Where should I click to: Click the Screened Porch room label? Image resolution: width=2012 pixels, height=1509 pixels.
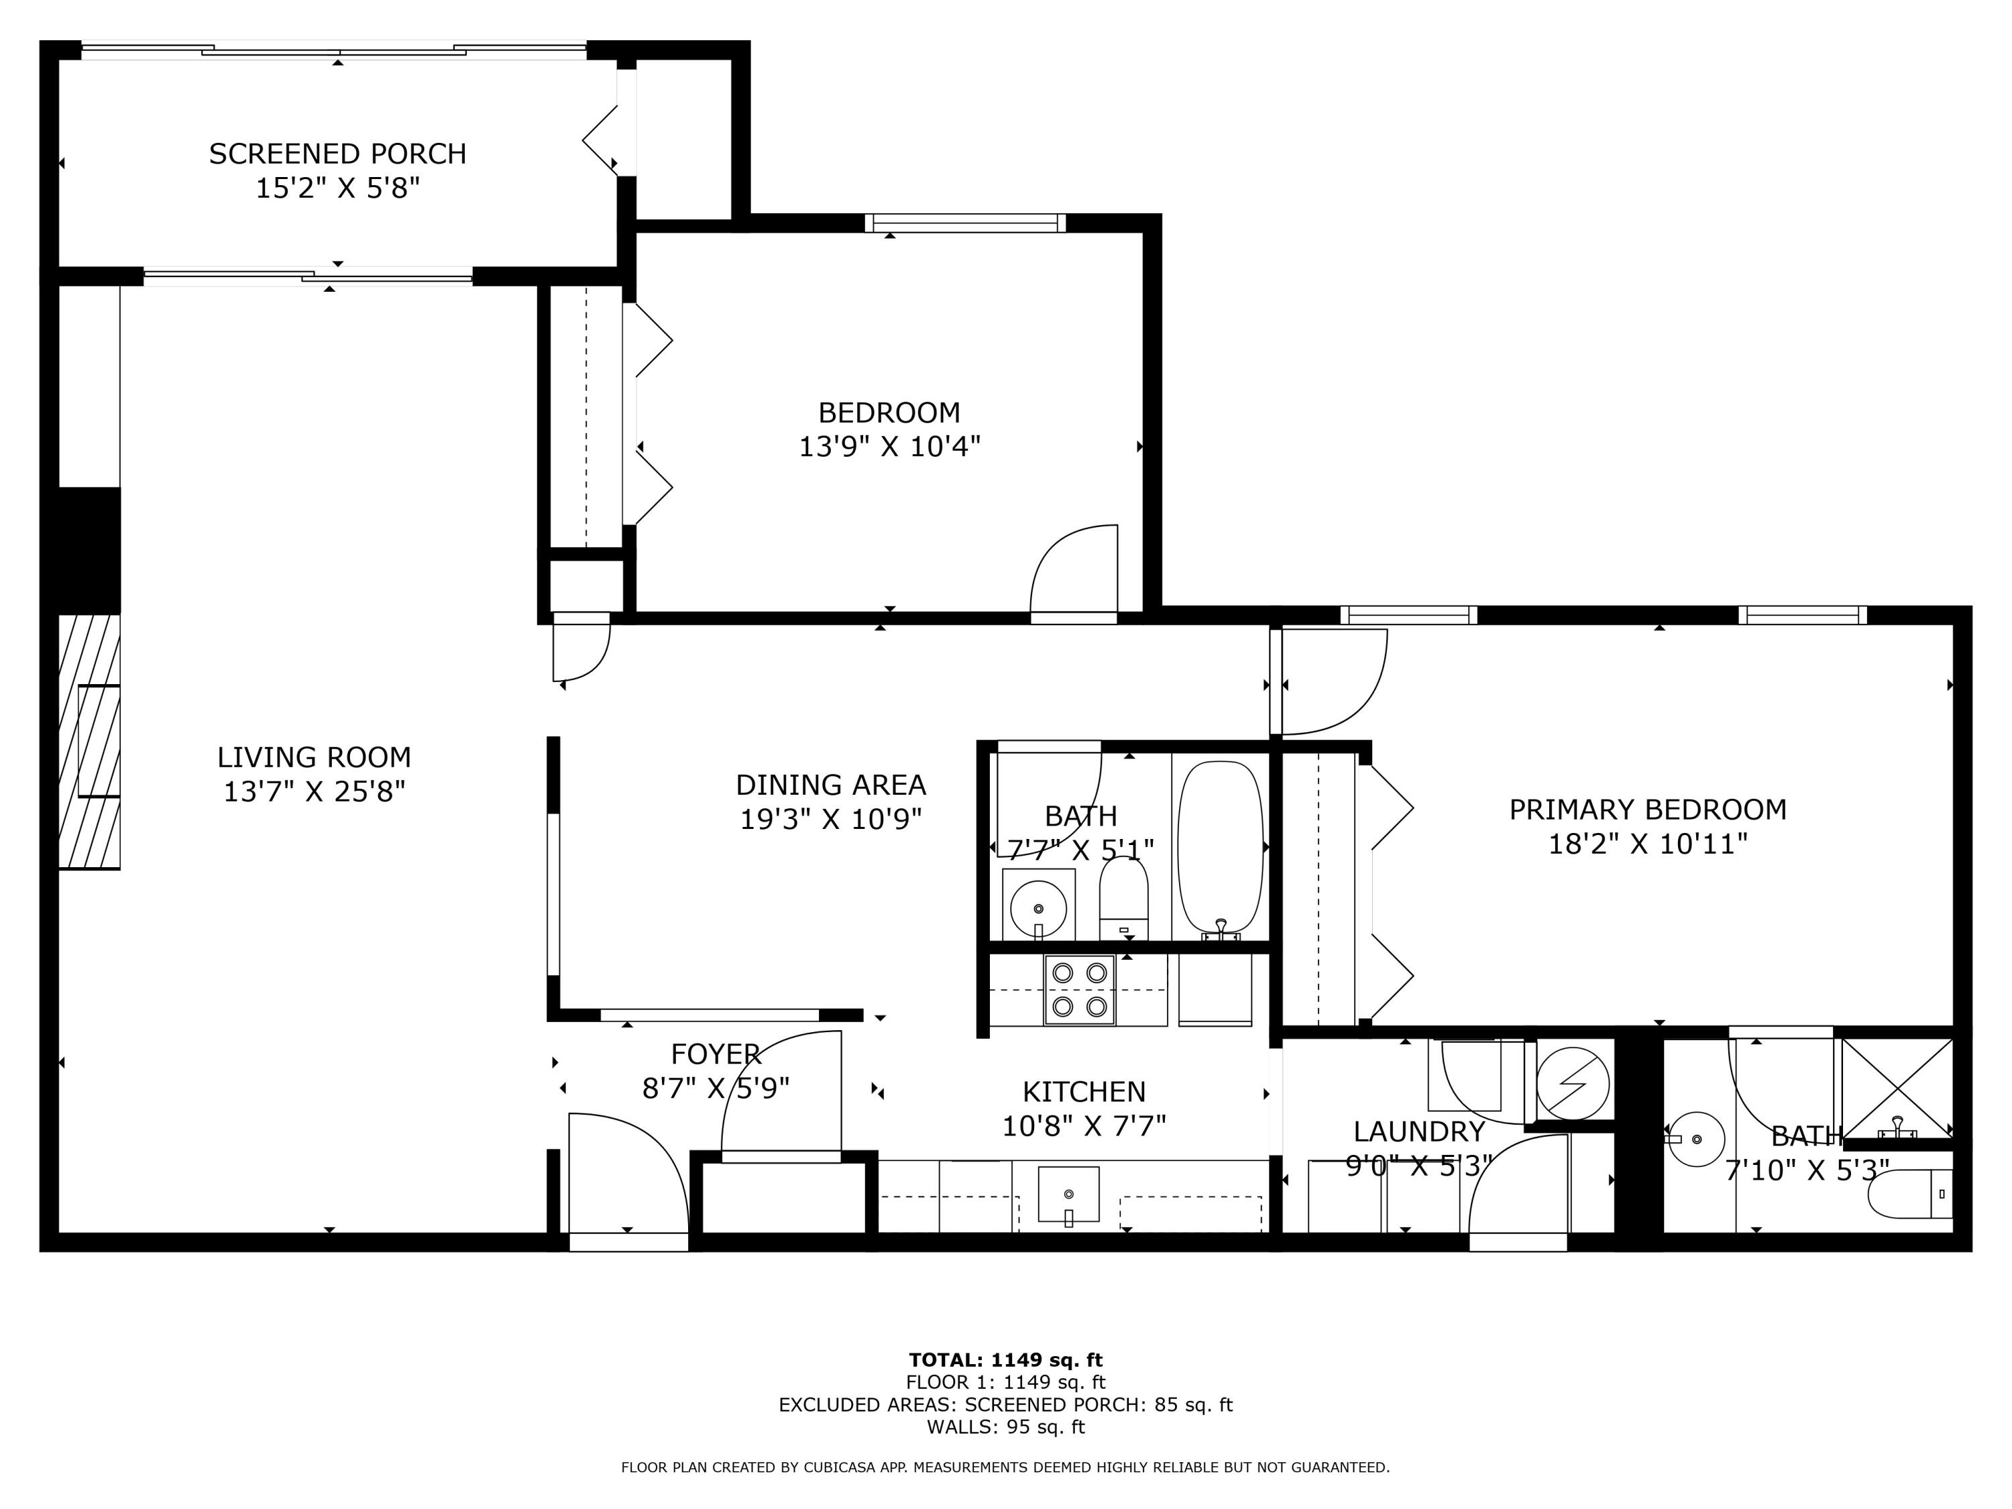pyautogui.click(x=337, y=154)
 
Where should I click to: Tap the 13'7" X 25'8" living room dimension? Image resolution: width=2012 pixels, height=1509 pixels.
pyautogui.click(x=314, y=791)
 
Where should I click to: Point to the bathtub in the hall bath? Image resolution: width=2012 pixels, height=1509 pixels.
pyautogui.click(x=1220, y=846)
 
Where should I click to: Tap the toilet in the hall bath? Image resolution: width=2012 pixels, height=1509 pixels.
pyautogui.click(x=1124, y=901)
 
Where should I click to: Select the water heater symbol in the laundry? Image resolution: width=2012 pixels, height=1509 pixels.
pyautogui.click(x=1572, y=1083)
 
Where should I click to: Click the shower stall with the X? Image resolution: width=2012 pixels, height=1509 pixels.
pyautogui.click(x=1897, y=1088)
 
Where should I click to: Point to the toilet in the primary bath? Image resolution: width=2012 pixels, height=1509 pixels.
pyautogui.click(x=1909, y=1194)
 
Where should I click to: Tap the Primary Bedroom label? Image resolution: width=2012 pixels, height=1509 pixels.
pyautogui.click(x=1647, y=809)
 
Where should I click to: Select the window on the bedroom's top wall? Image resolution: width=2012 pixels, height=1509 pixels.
pyautogui.click(x=964, y=222)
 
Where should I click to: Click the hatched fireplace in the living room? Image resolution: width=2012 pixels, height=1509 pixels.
pyautogui.click(x=89, y=741)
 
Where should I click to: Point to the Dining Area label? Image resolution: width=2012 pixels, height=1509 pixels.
pyautogui.click(x=830, y=785)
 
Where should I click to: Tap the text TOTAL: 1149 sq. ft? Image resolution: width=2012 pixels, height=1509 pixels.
pyautogui.click(x=1005, y=1360)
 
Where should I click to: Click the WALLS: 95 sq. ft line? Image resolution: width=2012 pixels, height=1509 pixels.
pyautogui.click(x=1005, y=1427)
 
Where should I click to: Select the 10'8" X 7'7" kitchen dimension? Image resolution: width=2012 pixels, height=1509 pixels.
pyautogui.click(x=1083, y=1127)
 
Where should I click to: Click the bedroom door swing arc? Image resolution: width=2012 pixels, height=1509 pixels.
pyautogui.click(x=1073, y=569)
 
